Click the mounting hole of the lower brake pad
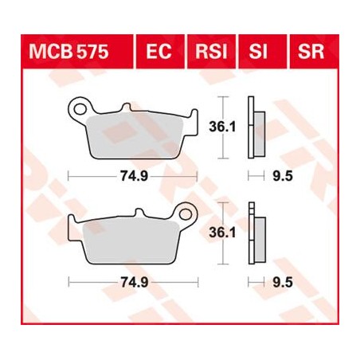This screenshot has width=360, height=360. (x=188, y=214)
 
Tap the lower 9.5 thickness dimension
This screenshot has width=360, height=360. (x=279, y=281)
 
